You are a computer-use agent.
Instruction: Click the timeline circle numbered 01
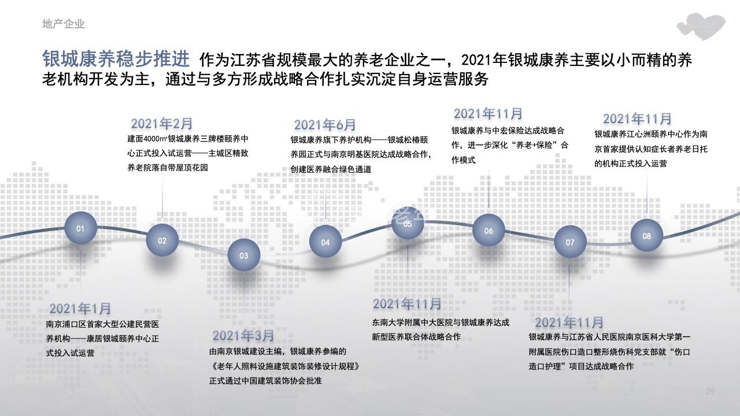click(80, 228)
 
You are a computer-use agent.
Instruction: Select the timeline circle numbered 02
click(162, 240)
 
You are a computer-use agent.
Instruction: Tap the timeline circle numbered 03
click(244, 255)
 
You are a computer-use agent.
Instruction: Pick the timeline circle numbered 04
click(325, 242)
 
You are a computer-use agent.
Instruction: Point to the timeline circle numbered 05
click(408, 224)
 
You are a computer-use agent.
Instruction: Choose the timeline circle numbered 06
click(489, 231)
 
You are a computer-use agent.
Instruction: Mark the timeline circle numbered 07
click(570, 242)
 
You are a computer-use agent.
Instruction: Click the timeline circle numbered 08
click(647, 236)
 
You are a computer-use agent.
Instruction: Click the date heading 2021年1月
click(80, 309)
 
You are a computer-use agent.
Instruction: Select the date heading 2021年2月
click(161, 124)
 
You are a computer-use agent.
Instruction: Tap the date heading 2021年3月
click(243, 336)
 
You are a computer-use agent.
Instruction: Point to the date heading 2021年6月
click(325, 125)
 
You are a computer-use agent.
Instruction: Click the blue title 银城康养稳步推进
click(116, 59)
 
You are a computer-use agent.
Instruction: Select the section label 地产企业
click(64, 24)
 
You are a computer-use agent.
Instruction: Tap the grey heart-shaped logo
click(701, 27)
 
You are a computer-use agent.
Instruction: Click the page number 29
click(710, 391)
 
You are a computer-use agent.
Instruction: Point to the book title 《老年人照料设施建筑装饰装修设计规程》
click(284, 366)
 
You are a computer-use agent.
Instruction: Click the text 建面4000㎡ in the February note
click(147, 139)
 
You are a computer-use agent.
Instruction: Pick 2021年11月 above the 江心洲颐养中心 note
click(637, 119)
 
